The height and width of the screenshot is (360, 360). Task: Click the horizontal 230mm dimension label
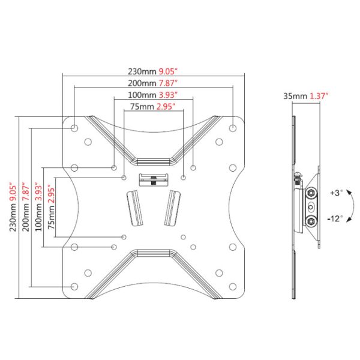tap(142, 71)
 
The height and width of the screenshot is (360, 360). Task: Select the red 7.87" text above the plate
tap(168, 83)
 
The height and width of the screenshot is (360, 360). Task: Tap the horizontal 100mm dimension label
tap(142, 95)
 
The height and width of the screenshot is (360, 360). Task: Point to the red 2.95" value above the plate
tap(166, 107)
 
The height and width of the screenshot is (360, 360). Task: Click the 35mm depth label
tap(295, 96)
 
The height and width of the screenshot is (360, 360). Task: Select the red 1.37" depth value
tap(319, 96)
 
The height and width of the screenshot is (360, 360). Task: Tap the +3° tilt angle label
tap(337, 193)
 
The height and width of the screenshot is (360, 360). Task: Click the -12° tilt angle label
tap(335, 218)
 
